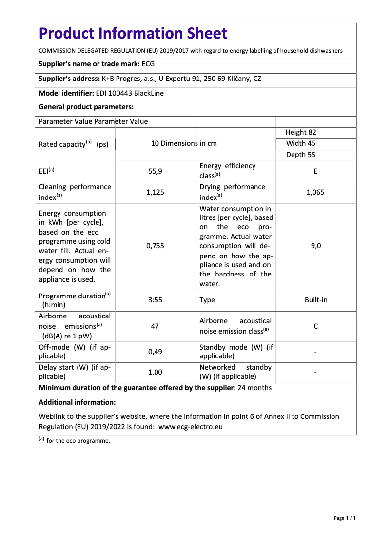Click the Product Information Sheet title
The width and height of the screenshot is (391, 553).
click(x=133, y=34)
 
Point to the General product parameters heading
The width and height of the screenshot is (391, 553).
click(x=86, y=107)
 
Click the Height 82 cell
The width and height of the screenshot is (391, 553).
click(x=301, y=132)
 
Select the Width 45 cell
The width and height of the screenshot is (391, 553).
click(x=301, y=143)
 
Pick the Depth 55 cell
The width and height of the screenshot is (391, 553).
click(x=301, y=155)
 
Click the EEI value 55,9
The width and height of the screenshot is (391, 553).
click(x=155, y=171)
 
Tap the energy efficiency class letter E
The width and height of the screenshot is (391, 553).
click(x=315, y=171)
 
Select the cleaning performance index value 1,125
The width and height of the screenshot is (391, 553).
click(x=155, y=192)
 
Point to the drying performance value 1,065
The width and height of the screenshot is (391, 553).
click(x=315, y=192)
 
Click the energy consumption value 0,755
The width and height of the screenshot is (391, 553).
click(x=155, y=246)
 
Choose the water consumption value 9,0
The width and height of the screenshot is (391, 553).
click(x=315, y=246)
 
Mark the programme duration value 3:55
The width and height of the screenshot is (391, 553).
click(x=155, y=300)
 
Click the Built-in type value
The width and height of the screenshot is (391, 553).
click(x=315, y=300)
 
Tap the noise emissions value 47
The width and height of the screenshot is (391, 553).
click(x=155, y=326)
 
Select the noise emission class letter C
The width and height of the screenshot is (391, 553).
click(x=315, y=326)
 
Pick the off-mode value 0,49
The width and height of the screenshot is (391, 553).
click(x=155, y=352)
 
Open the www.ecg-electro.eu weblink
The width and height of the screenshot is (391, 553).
click(x=191, y=426)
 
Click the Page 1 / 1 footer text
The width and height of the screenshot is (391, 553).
click(x=344, y=518)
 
